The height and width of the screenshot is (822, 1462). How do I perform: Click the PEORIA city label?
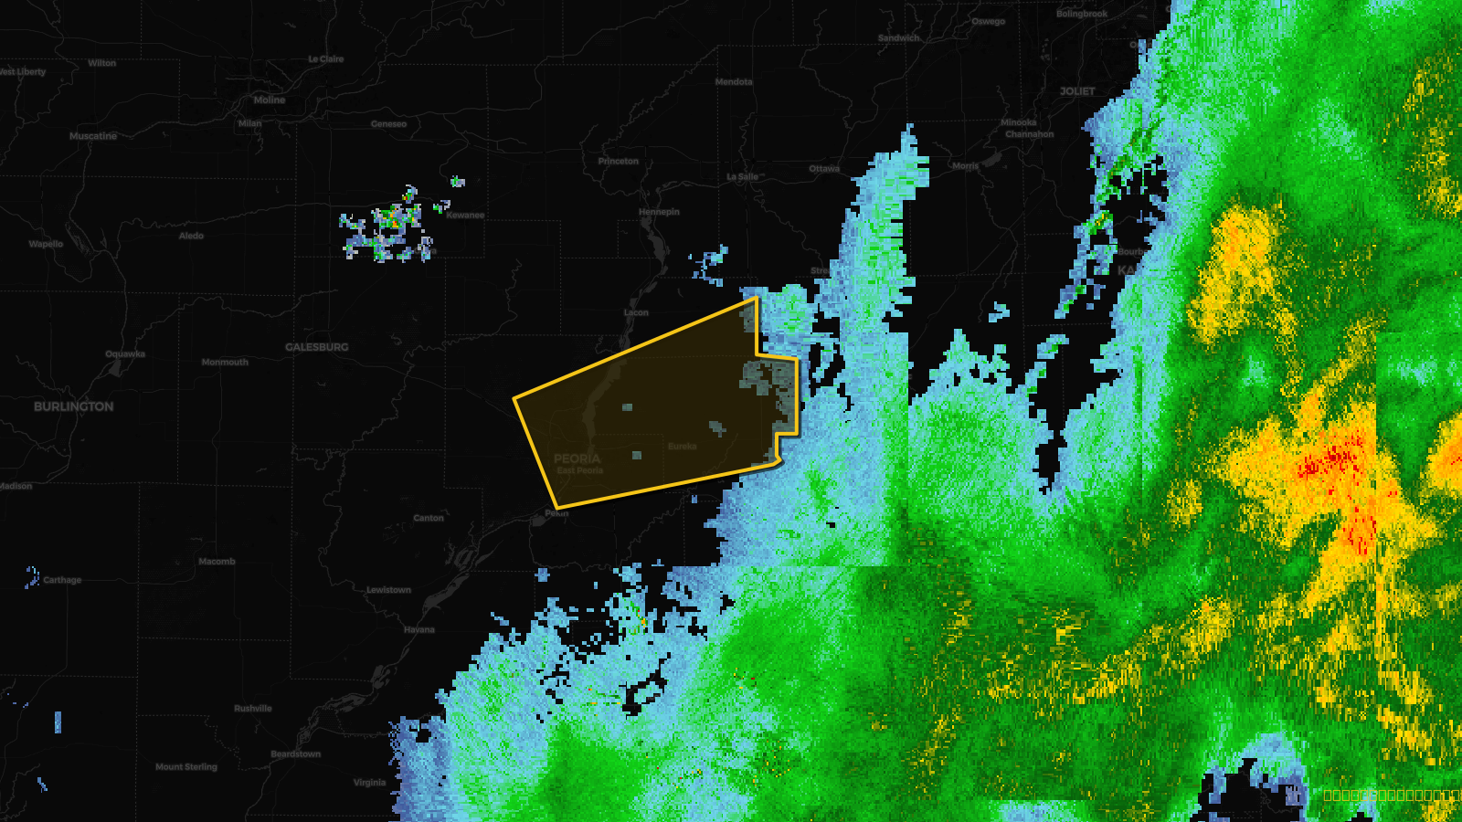pyautogui.click(x=577, y=458)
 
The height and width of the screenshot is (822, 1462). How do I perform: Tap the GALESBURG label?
pyautogui.click(x=316, y=347)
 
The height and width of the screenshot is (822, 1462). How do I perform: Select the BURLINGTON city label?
pyautogui.click(x=74, y=406)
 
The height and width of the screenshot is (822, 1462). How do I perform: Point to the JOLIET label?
pyautogui.click(x=1077, y=91)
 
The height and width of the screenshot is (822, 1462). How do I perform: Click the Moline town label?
pyautogui.click(x=270, y=100)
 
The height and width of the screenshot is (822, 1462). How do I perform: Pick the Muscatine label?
pyautogui.click(x=93, y=136)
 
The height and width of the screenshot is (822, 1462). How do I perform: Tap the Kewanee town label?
pyautogui.click(x=465, y=216)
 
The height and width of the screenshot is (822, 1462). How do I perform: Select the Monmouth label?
pyautogui.click(x=225, y=363)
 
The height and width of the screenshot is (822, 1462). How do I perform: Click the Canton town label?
pyautogui.click(x=429, y=518)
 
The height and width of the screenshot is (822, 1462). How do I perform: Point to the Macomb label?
pyautogui.click(x=217, y=562)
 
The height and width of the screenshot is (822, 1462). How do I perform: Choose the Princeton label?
pyautogui.click(x=619, y=162)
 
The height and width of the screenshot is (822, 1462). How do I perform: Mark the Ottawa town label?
pyautogui.click(x=824, y=169)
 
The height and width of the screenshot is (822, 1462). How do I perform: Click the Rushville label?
pyautogui.click(x=253, y=709)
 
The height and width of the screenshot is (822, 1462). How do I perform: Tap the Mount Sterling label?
pyautogui.click(x=186, y=767)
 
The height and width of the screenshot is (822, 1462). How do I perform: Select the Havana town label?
pyautogui.click(x=419, y=630)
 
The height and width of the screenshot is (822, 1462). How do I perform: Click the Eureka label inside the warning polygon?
pyautogui.click(x=683, y=447)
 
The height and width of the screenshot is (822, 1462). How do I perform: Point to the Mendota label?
pyautogui.click(x=734, y=82)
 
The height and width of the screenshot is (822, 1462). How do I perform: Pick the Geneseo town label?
pyautogui.click(x=388, y=124)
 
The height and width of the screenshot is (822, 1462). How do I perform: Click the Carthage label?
pyautogui.click(x=62, y=580)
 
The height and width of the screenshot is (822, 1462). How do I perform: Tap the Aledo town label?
pyautogui.click(x=191, y=236)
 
